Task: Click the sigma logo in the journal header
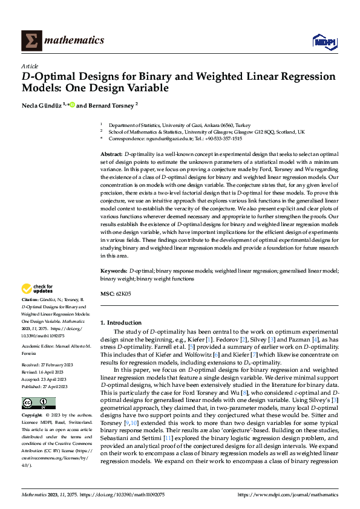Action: [30, 41]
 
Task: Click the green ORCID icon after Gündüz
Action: [72, 105]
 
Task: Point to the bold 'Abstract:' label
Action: [111, 155]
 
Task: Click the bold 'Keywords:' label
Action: [114, 273]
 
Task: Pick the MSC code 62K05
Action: [123, 293]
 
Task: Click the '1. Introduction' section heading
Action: [121, 323]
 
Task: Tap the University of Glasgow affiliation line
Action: [206, 131]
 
